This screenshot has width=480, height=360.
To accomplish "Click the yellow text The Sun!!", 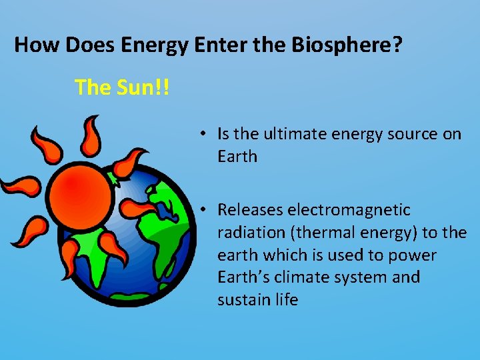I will (122, 87).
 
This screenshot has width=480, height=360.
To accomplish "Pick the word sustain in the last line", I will (240, 300).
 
